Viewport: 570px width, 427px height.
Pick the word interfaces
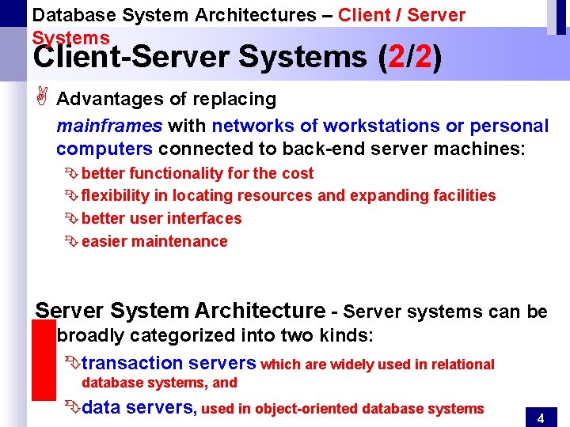(x=202, y=218)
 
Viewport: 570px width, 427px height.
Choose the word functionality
(x=175, y=173)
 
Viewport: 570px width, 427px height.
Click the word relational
(x=463, y=365)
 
